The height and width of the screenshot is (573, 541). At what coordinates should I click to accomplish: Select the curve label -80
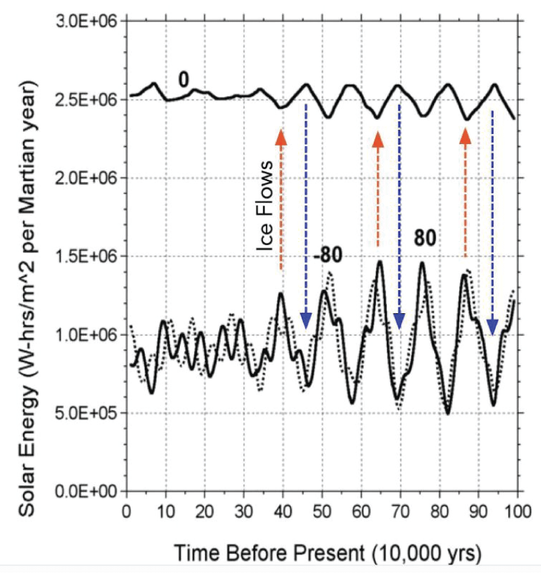tap(328, 256)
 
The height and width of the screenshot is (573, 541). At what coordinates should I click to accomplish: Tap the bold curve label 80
tap(425, 238)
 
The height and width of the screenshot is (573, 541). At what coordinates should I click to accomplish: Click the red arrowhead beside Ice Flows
tap(281, 137)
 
